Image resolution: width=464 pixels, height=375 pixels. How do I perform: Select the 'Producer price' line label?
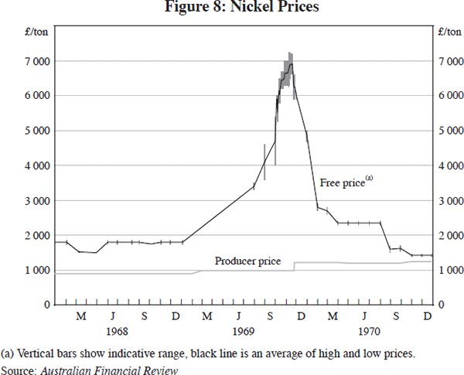point(247,261)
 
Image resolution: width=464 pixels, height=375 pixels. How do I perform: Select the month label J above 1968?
point(112,317)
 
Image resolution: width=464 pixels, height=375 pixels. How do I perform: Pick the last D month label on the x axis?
point(427,317)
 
